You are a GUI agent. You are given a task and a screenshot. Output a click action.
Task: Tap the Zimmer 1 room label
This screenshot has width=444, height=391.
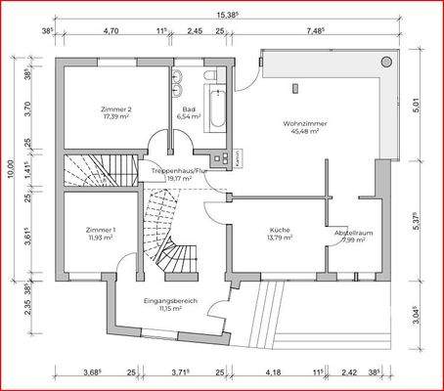(x=101, y=233)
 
